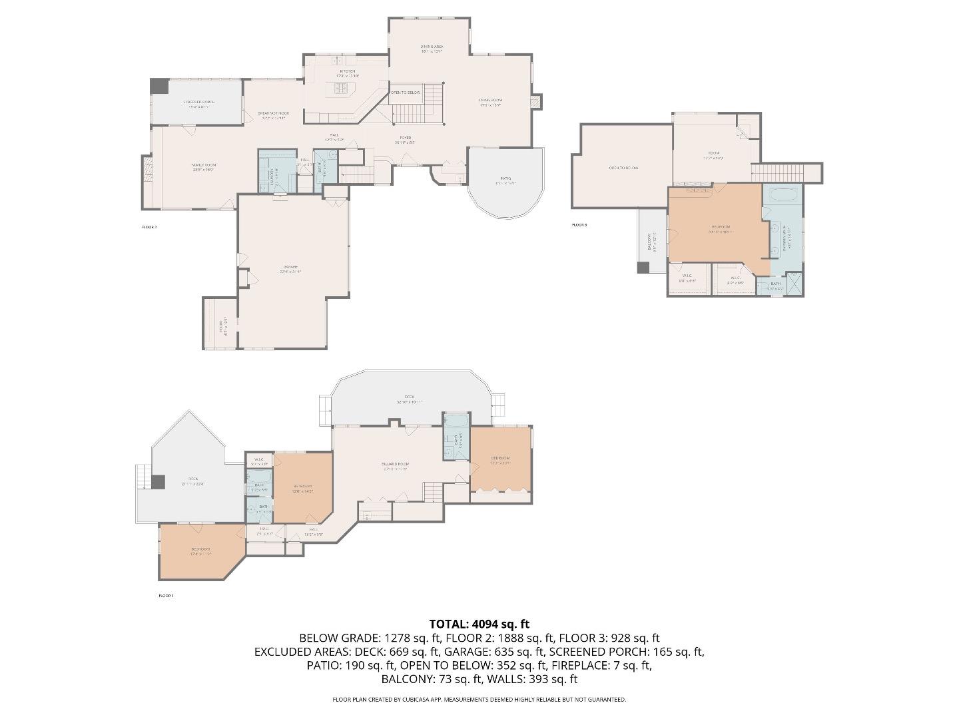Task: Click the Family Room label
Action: (204, 167)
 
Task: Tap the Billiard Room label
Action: (396, 465)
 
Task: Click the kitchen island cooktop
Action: (342, 88)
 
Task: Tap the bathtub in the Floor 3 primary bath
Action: (783, 196)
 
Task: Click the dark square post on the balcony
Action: (643, 268)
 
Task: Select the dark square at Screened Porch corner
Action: (159, 86)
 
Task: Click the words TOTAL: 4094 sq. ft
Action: (479, 624)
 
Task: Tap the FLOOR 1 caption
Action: (166, 596)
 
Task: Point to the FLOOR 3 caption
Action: (579, 225)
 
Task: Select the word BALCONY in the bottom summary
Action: (406, 679)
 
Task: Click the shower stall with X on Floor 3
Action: (795, 284)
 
